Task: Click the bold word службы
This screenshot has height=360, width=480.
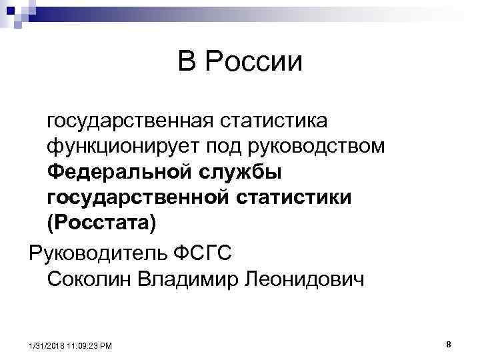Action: pyautogui.click(x=239, y=171)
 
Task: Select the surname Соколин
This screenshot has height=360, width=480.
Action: pyautogui.click(x=89, y=279)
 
